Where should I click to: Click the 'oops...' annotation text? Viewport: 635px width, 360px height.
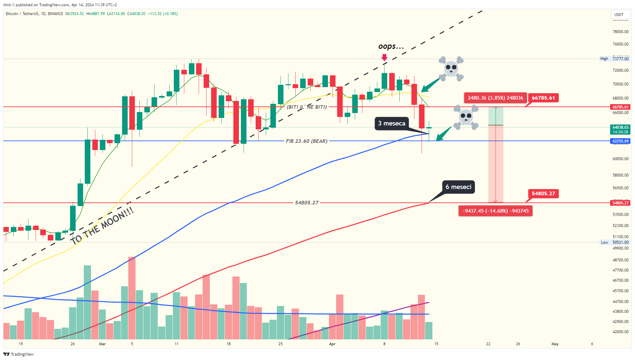pyautogui.click(x=391, y=46)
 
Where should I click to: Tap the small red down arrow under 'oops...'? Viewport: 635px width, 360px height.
pyautogui.click(x=384, y=58)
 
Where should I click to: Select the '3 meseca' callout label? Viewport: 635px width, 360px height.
pyautogui.click(x=392, y=123)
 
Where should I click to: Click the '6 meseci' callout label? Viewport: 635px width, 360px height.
pyautogui.click(x=458, y=187)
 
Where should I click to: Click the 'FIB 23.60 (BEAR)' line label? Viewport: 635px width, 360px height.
pyautogui.click(x=307, y=141)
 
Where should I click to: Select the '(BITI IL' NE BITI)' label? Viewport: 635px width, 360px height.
pyautogui.click(x=307, y=107)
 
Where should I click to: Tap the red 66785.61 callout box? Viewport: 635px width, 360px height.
pyautogui.click(x=543, y=98)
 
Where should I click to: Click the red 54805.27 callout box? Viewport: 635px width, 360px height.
pyautogui.click(x=543, y=194)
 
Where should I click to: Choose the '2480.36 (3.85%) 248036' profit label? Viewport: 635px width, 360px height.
pyautogui.click(x=495, y=98)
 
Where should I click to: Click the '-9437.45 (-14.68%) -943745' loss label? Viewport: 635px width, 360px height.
pyautogui.click(x=495, y=211)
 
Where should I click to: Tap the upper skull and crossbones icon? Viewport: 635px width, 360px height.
pyautogui.click(x=451, y=69)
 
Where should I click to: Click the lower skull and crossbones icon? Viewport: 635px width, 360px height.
pyautogui.click(x=466, y=117)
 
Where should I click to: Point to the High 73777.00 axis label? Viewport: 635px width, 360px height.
pyautogui.click(x=614, y=59)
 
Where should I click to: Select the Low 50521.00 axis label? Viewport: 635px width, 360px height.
pyautogui.click(x=614, y=242)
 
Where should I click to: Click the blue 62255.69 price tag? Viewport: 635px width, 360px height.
pyautogui.click(x=620, y=141)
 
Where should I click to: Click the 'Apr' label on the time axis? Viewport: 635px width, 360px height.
pyautogui.click(x=332, y=344)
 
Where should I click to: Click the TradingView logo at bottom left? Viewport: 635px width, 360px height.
pyautogui.click(x=19, y=354)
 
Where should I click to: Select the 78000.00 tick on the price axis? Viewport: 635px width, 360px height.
pyautogui.click(x=621, y=32)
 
